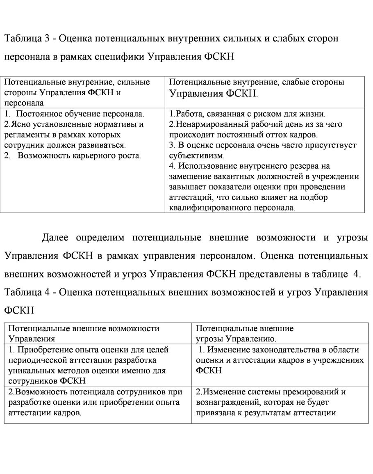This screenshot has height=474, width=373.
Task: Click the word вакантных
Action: pos(223,177)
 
